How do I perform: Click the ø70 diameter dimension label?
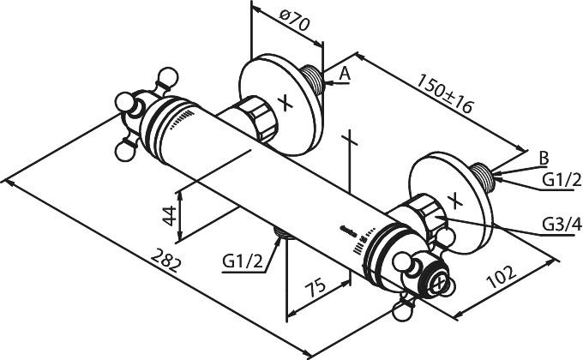tap(294, 21)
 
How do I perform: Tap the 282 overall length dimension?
tap(166, 261)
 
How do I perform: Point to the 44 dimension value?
tap(170, 215)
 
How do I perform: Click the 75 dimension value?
tap(316, 286)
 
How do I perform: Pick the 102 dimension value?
tap(502, 277)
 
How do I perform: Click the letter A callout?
tap(345, 74)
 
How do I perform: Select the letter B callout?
tap(544, 159)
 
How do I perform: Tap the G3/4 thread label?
tap(562, 224)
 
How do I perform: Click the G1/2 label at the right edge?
tap(562, 180)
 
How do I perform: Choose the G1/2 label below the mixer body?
tap(243, 261)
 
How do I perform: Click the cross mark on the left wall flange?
tap(285, 103)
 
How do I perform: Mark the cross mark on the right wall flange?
tap(455, 201)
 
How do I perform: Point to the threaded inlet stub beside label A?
tap(312, 79)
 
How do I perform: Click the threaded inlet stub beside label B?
tap(482, 177)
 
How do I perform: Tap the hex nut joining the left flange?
tap(257, 118)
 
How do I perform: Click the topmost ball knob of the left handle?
tap(168, 78)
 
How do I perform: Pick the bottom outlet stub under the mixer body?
tap(285, 233)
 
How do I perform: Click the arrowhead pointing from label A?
tap(328, 83)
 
